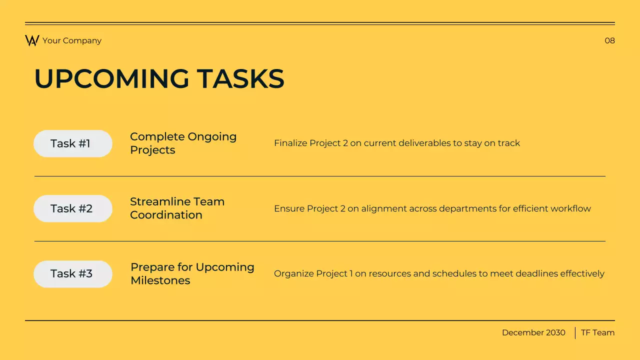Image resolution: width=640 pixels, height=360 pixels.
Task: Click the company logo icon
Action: [x=32, y=40]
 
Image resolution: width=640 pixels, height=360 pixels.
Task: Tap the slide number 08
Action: [x=609, y=40]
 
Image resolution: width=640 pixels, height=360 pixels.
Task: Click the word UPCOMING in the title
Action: [x=111, y=79]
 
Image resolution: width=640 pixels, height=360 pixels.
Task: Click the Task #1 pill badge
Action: [x=73, y=143]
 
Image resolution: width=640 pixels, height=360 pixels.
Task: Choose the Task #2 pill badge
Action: [x=73, y=208]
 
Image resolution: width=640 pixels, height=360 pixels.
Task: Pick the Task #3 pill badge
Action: [x=73, y=273]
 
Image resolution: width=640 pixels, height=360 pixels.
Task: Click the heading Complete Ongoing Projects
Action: [x=183, y=143]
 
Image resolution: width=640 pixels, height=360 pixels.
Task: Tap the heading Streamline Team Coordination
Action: [x=177, y=208]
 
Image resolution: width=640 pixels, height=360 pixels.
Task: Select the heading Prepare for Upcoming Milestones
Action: [x=192, y=273]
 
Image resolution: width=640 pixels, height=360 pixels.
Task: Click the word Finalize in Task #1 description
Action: [x=290, y=143]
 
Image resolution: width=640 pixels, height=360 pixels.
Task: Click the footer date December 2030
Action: [x=533, y=332]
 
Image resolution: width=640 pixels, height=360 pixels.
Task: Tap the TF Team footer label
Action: [x=597, y=332]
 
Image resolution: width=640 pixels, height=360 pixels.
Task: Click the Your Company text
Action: [x=72, y=40]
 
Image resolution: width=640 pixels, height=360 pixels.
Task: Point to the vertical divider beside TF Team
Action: [x=575, y=332]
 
